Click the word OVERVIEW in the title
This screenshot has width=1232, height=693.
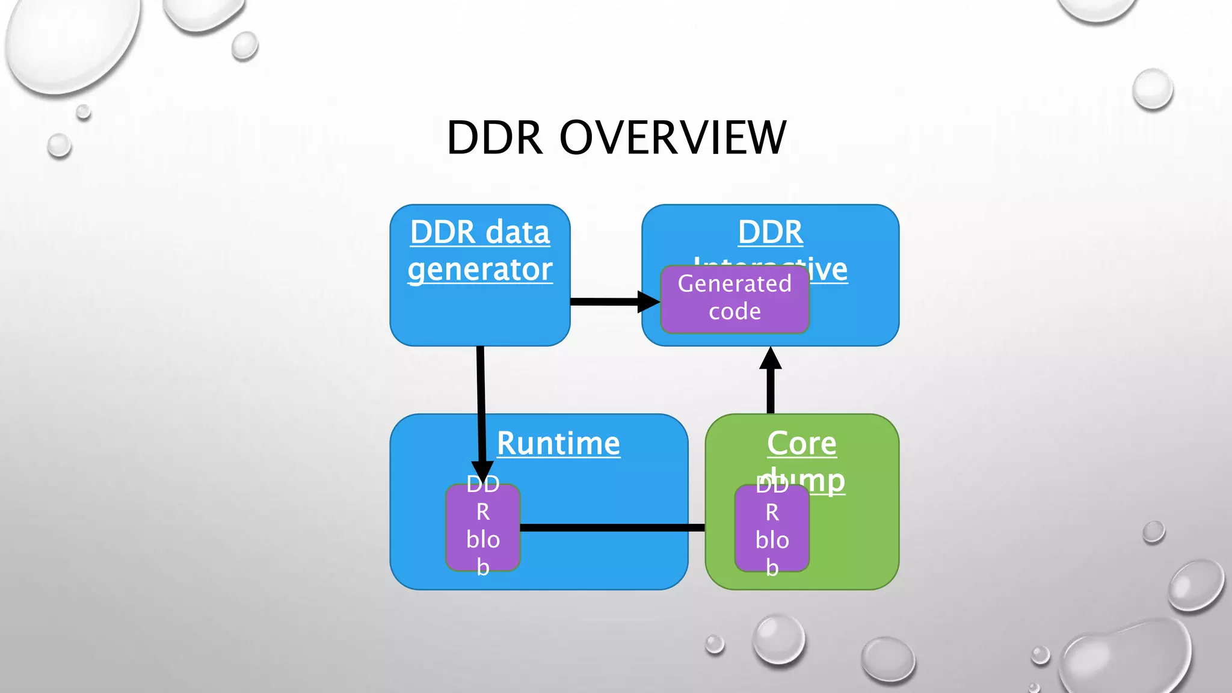pyautogui.click(x=673, y=138)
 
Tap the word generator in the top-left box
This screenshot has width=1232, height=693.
pyautogui.click(x=480, y=269)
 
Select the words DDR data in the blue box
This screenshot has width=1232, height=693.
pyautogui.click(x=480, y=232)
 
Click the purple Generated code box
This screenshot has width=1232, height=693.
pyautogui.click(x=735, y=299)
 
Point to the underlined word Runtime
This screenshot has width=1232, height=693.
pyautogui.click(x=558, y=443)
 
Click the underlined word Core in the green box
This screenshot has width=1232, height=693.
pyautogui.click(x=801, y=443)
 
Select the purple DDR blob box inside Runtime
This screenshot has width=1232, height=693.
pyautogui.click(x=483, y=528)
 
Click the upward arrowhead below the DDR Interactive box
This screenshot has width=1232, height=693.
pyautogui.click(x=771, y=359)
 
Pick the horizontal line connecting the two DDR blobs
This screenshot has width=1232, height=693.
pyautogui.click(x=612, y=528)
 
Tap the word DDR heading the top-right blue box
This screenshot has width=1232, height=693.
pyautogui.click(x=770, y=232)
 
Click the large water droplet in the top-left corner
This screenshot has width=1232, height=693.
pyautogui.click(x=72, y=42)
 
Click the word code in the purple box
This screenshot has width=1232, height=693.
pyautogui.click(x=735, y=312)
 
